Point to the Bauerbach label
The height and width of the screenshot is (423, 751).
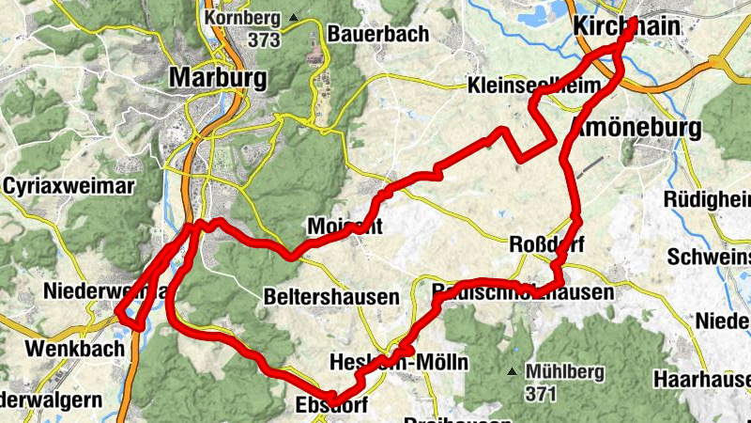coord(378,34)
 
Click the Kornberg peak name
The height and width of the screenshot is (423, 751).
coord(247,18)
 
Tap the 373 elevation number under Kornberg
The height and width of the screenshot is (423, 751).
coord(266,39)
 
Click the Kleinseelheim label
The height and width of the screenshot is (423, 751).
coord(533,87)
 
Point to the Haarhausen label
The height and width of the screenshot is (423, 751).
coord(705,380)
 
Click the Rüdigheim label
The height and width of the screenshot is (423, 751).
coord(708,199)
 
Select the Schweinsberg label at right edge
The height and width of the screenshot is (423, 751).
coord(709,257)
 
